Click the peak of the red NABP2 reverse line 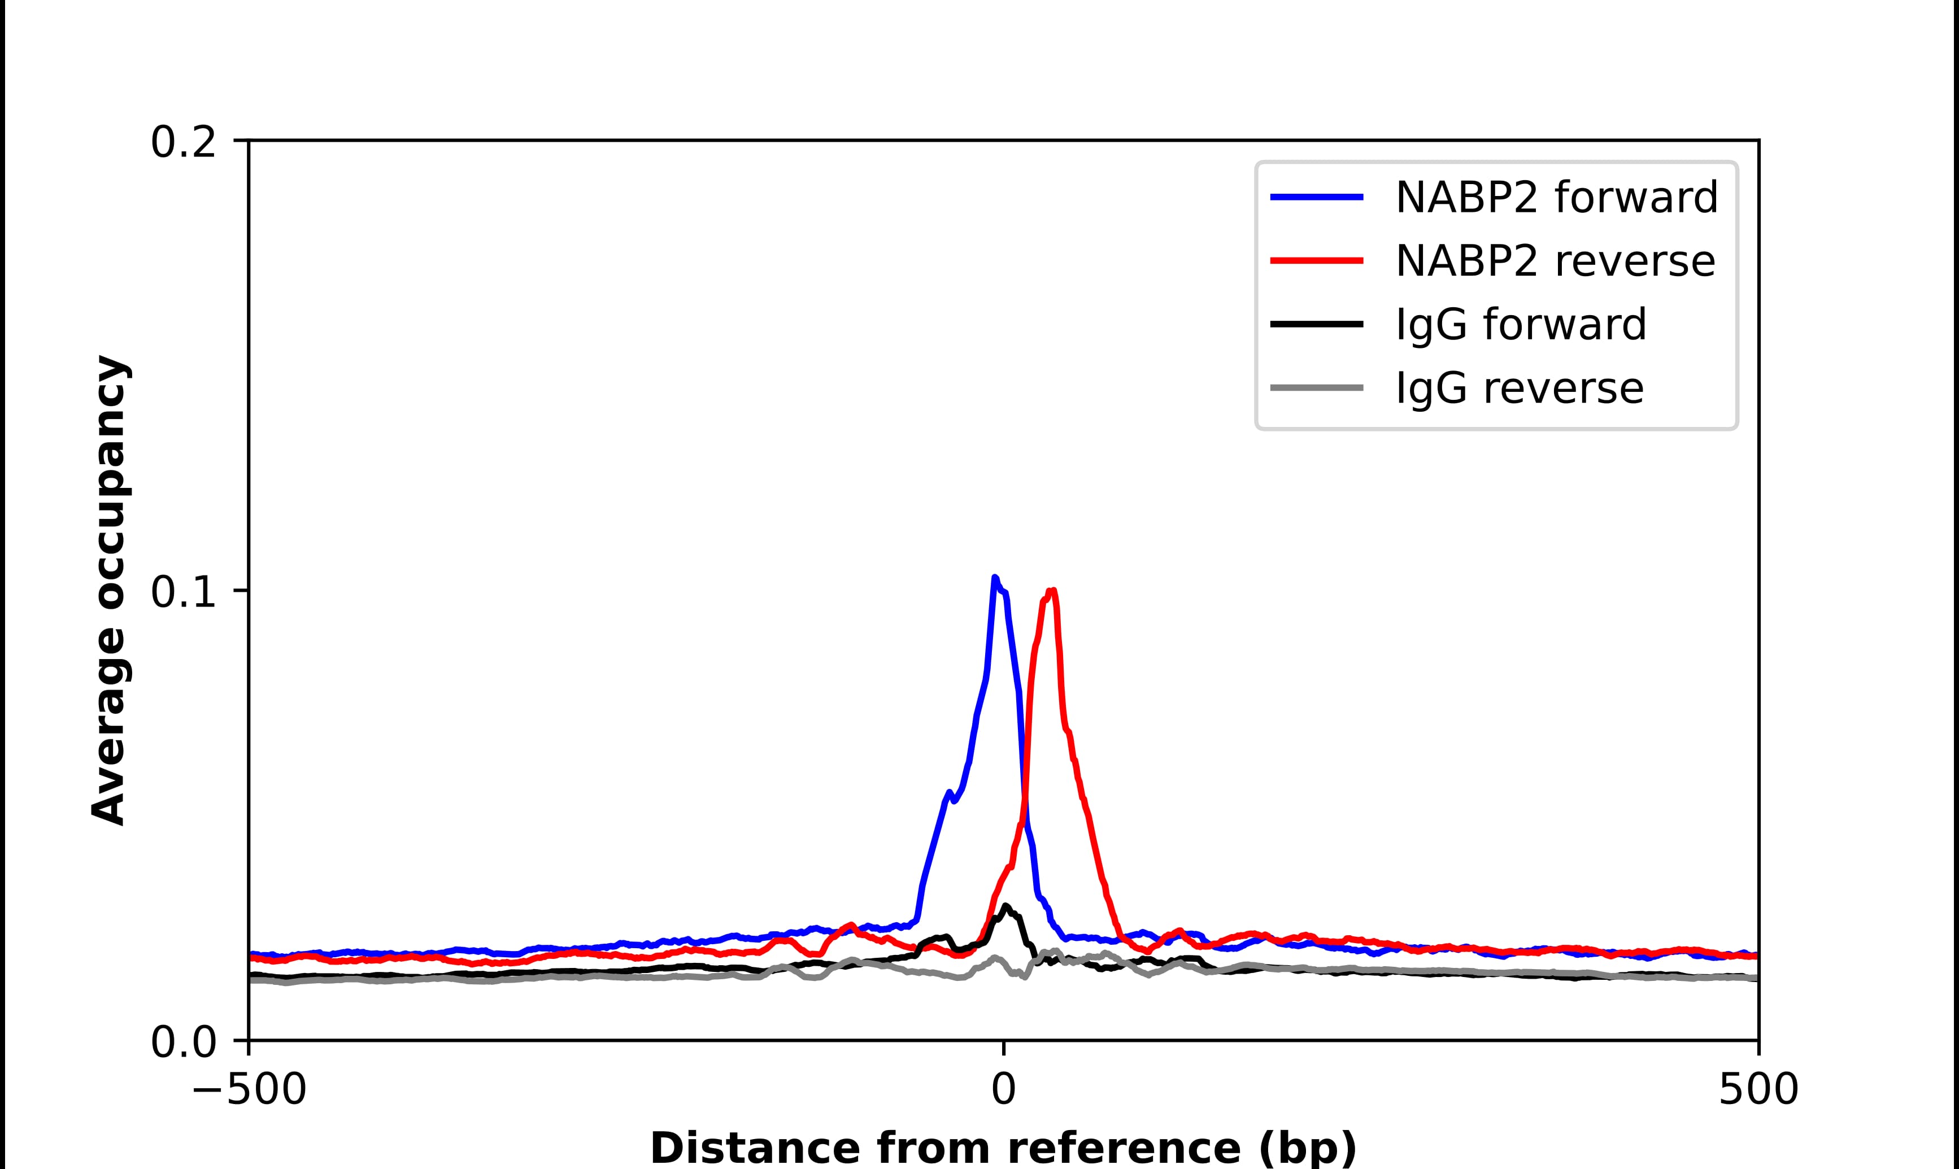[1052, 591]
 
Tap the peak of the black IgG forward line [1005, 907]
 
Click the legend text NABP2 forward [1556, 197]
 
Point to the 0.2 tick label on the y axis [183, 142]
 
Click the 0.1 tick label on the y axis [183, 592]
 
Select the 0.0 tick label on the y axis [183, 1042]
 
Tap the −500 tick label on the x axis [249, 1091]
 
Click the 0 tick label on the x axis [1004, 1091]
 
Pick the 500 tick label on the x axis [1758, 1091]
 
